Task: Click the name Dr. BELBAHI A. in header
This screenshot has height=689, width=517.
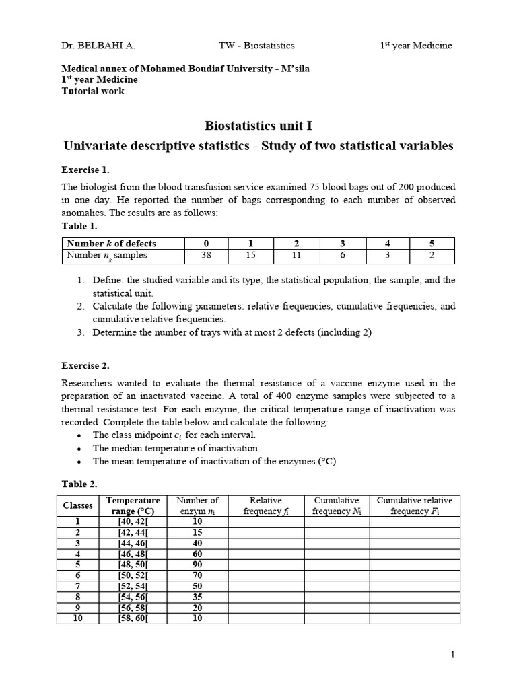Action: pyautogui.click(x=98, y=46)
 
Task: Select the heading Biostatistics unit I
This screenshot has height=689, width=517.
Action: pyautogui.click(x=258, y=126)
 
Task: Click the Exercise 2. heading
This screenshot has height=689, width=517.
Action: pyautogui.click(x=85, y=366)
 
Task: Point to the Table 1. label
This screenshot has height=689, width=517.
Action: pyautogui.click(x=79, y=226)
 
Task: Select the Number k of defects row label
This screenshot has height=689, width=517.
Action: pyautogui.click(x=110, y=244)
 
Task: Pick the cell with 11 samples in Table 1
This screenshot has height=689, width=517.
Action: pyautogui.click(x=296, y=256)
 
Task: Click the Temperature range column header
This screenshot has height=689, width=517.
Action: pyautogui.click(x=133, y=505)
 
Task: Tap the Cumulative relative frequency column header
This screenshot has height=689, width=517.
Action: pyautogui.click(x=415, y=505)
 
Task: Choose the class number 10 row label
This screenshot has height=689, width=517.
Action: pyautogui.click(x=77, y=618)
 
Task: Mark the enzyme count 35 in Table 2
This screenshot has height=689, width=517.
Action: pyautogui.click(x=197, y=596)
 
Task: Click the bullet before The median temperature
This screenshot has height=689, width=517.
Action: pyautogui.click(x=79, y=448)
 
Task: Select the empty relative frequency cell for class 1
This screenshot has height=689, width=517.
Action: pyautogui.click(x=266, y=521)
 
